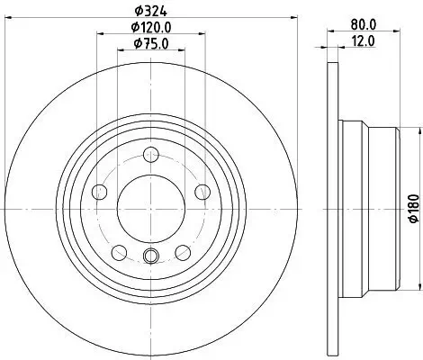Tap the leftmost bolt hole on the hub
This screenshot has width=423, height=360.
99,191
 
